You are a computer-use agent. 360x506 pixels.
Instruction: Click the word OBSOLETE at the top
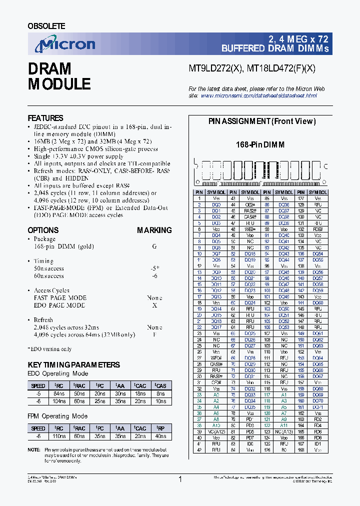[46, 25]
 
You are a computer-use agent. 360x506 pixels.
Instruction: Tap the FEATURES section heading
[45, 118]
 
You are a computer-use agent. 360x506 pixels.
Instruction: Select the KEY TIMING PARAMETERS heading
[73, 365]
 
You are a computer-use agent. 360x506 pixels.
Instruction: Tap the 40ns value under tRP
[160, 436]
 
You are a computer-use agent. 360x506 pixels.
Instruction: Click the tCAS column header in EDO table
[160, 385]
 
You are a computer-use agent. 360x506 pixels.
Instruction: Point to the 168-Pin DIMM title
[260, 144]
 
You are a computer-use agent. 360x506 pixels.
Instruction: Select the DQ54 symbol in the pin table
[317, 254]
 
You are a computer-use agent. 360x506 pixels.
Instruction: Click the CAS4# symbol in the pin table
[250, 216]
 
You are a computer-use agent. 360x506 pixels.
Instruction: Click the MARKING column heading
[154, 230]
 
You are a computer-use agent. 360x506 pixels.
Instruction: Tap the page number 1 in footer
[180, 479]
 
